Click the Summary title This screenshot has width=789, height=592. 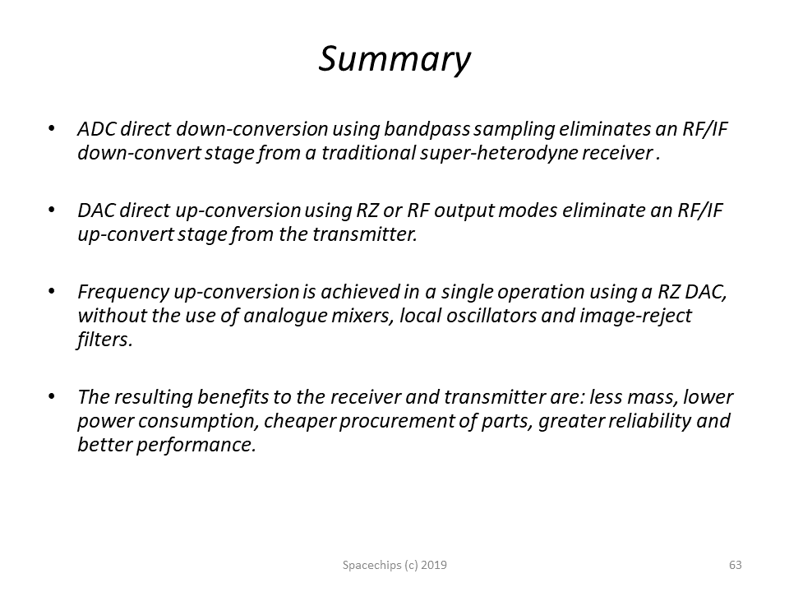tap(394, 59)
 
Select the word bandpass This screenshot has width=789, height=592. tap(427, 130)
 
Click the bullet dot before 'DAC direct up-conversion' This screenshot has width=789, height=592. tap(51, 210)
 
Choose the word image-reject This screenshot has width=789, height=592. tap(636, 317)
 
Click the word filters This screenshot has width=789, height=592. tap(104, 340)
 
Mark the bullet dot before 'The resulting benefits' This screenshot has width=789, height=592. tap(51, 396)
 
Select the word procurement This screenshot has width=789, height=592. tap(396, 421)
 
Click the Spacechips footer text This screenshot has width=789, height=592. tap(394, 566)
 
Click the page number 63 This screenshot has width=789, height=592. tap(735, 565)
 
